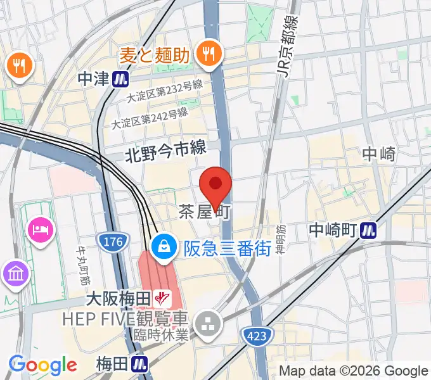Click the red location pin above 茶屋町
215,186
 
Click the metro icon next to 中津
121,79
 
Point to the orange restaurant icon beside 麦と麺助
207,54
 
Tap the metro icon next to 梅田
139,365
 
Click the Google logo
42,365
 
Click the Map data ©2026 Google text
354,371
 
